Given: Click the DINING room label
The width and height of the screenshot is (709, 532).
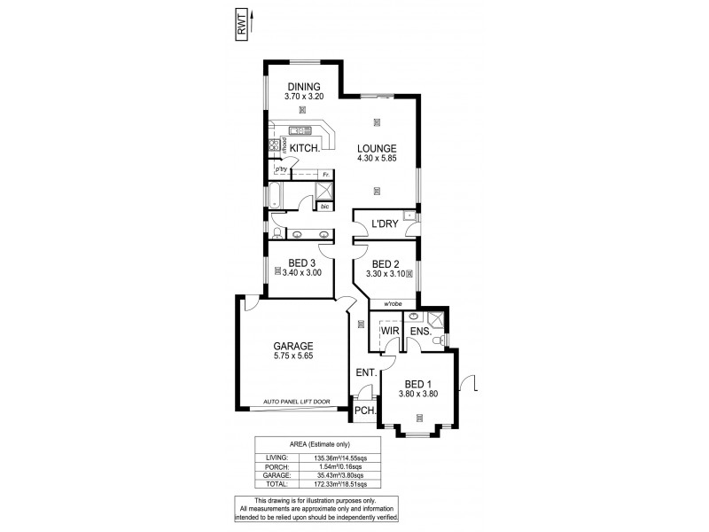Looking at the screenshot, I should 302,86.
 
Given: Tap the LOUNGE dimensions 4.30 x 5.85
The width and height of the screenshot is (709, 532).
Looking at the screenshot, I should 376,158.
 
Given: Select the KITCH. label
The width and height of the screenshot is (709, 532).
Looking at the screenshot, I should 304,148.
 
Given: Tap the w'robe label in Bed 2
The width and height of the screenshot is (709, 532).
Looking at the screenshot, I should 392,303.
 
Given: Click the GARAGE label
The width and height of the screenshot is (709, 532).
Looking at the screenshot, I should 292,347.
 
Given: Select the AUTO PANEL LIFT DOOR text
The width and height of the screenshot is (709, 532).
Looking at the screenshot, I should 296,402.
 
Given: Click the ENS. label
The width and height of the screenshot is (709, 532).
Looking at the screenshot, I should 420,332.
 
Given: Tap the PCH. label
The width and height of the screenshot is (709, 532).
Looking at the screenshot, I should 365,411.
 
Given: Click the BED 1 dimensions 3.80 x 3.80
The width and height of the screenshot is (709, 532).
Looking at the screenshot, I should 419,393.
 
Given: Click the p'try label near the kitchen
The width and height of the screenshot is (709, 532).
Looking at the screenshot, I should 281,168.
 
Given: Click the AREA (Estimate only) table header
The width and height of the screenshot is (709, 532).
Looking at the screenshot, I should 331,443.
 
